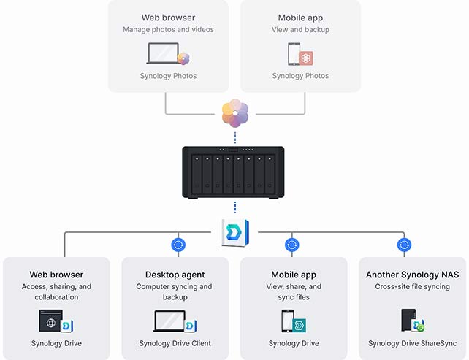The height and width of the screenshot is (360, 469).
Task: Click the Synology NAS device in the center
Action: click(x=234, y=172)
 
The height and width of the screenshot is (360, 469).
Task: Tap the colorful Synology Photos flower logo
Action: click(x=234, y=113)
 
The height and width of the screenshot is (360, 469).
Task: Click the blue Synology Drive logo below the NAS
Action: click(x=234, y=232)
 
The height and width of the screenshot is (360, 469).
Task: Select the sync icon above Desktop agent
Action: click(x=176, y=245)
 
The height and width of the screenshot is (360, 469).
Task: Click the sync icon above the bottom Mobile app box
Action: click(x=292, y=245)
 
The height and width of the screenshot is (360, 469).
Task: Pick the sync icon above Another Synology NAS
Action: click(x=404, y=245)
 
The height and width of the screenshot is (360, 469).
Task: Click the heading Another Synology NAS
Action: click(x=413, y=275)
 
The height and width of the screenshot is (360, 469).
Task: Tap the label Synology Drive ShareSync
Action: click(x=413, y=343)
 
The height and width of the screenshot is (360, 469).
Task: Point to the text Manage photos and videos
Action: click(x=168, y=30)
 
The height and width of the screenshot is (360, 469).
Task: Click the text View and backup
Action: click(x=300, y=30)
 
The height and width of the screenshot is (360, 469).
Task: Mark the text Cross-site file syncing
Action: click(x=413, y=287)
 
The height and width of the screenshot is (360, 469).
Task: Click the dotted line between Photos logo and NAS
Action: click(x=234, y=137)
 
